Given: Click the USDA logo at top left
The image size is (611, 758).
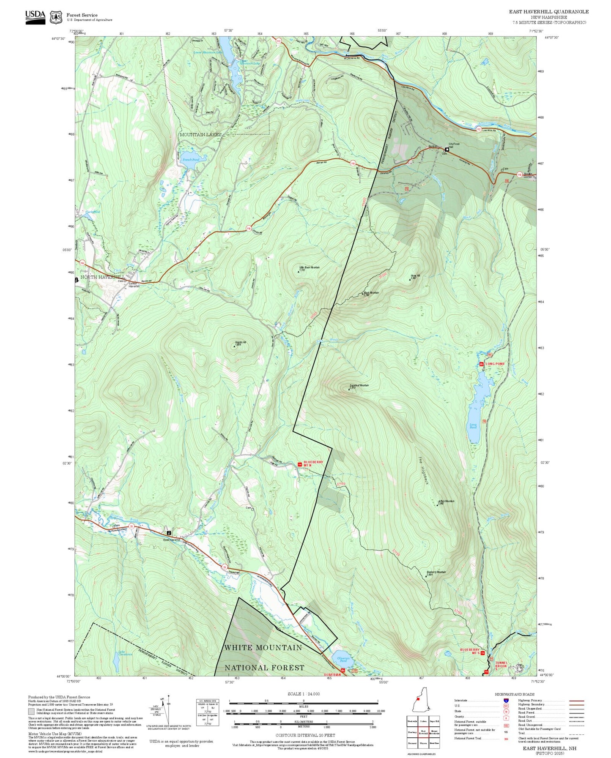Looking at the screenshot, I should pyautogui.click(x=35, y=17).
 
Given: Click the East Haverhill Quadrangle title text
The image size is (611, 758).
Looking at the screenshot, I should pyautogui.click(x=548, y=12).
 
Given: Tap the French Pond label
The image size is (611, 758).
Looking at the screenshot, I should pyautogui.click(x=191, y=160).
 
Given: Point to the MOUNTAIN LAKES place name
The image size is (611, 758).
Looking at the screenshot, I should pyautogui.click(x=200, y=134).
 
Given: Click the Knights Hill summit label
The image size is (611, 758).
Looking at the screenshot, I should pyautogui.click(x=240, y=344).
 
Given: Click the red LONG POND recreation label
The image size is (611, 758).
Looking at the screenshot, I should pyautogui.click(x=495, y=364).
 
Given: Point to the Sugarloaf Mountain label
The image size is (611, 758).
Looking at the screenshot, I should pyautogui.click(x=359, y=386).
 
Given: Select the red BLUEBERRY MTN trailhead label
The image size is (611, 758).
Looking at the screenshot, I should pyautogui.click(x=313, y=464).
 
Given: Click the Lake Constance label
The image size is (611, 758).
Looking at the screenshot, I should pyautogui.click(x=126, y=653).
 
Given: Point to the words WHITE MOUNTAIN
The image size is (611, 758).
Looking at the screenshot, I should pyautogui.click(x=263, y=647).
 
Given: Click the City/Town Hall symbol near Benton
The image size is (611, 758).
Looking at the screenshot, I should pyautogui.click(x=447, y=149).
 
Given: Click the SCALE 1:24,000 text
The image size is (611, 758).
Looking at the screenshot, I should pyautogui.click(x=303, y=694).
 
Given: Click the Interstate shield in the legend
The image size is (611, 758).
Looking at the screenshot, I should pyautogui.click(x=506, y=701).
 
